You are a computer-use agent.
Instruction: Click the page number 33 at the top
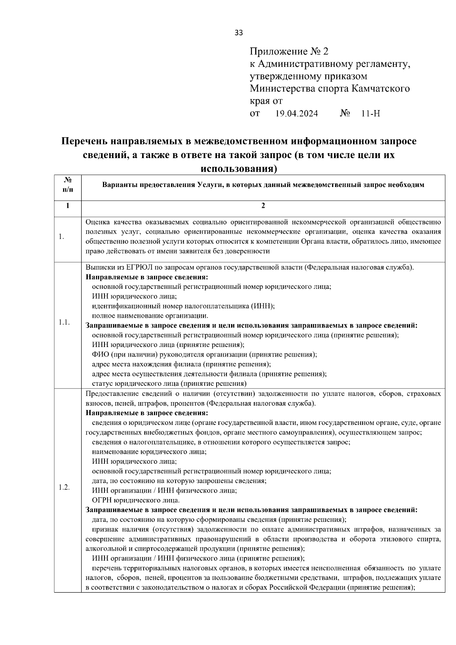[239, 33]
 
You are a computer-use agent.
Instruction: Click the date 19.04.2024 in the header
[297, 114]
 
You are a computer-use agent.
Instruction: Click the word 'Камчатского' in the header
[380, 89]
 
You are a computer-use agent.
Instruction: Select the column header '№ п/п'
[68, 184]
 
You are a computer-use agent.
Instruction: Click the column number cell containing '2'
[263, 206]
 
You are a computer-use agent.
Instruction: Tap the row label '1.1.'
[64, 322]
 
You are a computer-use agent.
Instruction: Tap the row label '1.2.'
[64, 487]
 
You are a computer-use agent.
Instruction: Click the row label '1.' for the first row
[62, 237]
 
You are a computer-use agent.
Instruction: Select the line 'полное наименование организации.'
[150, 315]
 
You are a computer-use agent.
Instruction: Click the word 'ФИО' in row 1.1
[100, 354]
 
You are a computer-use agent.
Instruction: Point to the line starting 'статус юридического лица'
[169, 384]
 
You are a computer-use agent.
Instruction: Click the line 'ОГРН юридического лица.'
[136, 500]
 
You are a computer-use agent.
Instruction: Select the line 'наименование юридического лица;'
[149, 452]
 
